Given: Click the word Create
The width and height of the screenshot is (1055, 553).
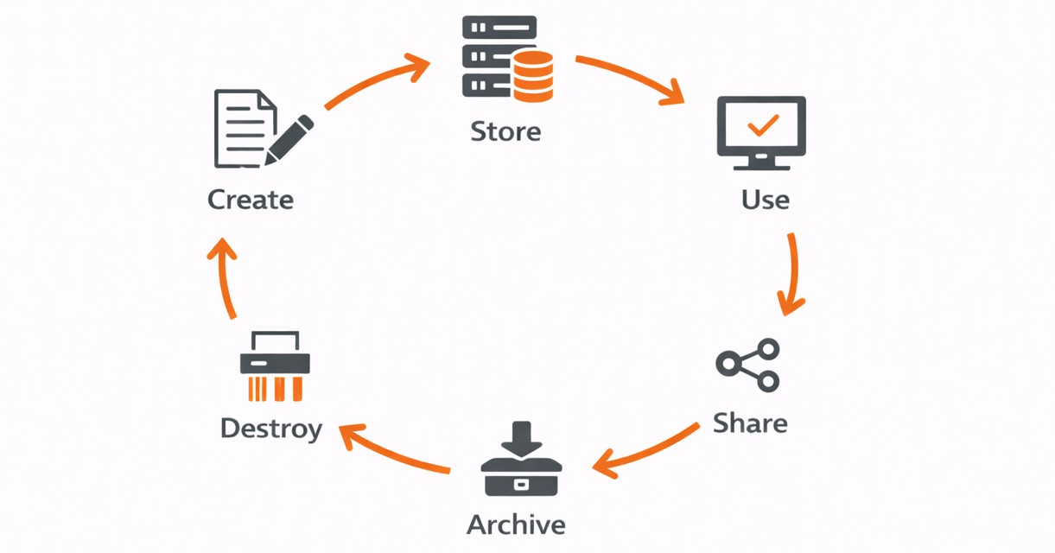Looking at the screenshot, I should point(251,200).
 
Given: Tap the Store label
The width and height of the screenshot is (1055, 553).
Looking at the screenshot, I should point(505,131).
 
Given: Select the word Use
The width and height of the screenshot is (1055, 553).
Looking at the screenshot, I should point(765,200).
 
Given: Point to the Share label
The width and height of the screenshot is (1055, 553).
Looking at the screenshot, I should point(750,423).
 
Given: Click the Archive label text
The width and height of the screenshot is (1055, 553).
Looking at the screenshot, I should point(516,524).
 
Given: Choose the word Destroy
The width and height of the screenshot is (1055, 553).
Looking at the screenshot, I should point(270,429).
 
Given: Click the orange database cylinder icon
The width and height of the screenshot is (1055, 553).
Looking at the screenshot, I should point(532,76).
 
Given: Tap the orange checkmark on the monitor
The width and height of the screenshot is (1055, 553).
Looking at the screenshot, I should point(762,125).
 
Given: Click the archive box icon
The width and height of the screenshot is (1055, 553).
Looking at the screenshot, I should point(521,476).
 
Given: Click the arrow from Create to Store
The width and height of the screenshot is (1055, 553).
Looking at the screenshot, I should point(377,82).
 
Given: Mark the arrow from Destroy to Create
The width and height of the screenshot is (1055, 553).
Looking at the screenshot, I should point(226,276).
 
